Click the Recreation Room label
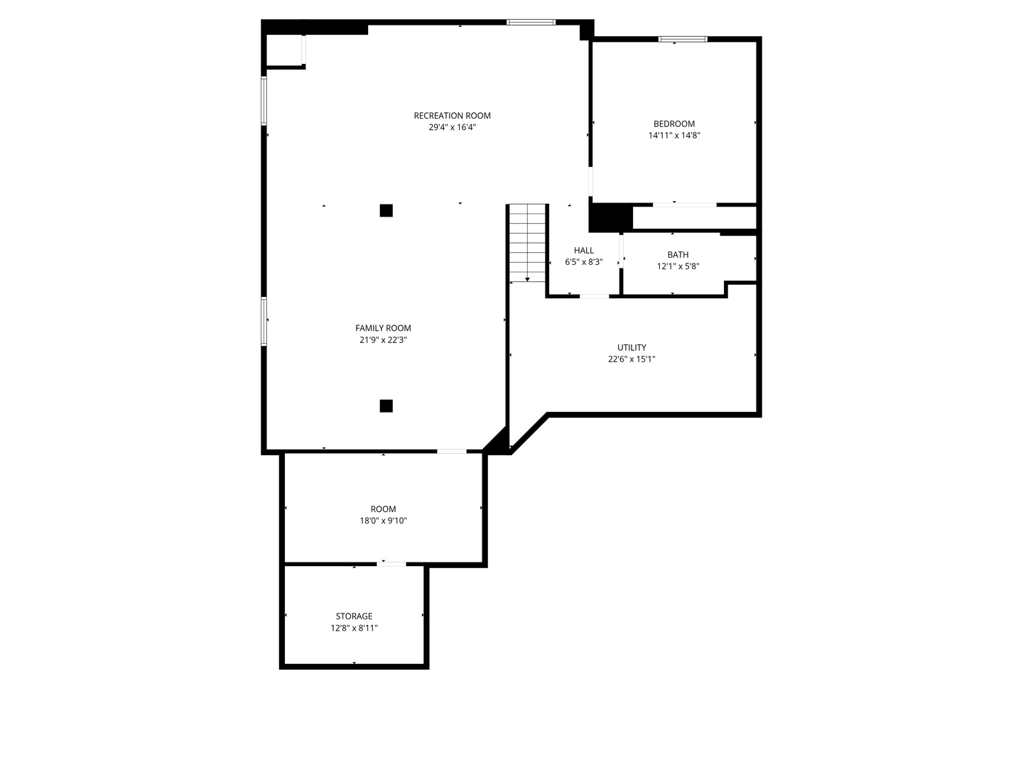pyautogui.click(x=452, y=116)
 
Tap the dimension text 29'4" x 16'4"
pyautogui.click(x=452, y=127)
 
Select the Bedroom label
pyautogui.click(x=674, y=124)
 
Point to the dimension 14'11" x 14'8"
pyautogui.click(x=674, y=136)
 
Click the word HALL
pyautogui.click(x=583, y=251)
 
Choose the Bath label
pyautogui.click(x=678, y=255)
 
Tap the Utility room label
pyautogui.click(x=632, y=347)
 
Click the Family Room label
pyautogui.click(x=383, y=328)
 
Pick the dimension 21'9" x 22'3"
pyautogui.click(x=383, y=340)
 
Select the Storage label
pyautogui.click(x=354, y=616)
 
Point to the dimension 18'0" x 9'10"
pyautogui.click(x=383, y=521)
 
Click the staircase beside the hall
pyautogui.click(x=527, y=243)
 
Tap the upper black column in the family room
pyautogui.click(x=386, y=210)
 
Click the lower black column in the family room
pyautogui.click(x=386, y=406)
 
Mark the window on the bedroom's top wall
pyautogui.click(x=683, y=39)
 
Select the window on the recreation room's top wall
pyautogui.click(x=531, y=22)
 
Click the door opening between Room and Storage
pyautogui.click(x=391, y=565)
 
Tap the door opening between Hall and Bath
pyautogui.click(x=621, y=251)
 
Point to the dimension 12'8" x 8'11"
pyautogui.click(x=354, y=628)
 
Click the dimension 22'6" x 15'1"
pyautogui.click(x=632, y=359)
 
